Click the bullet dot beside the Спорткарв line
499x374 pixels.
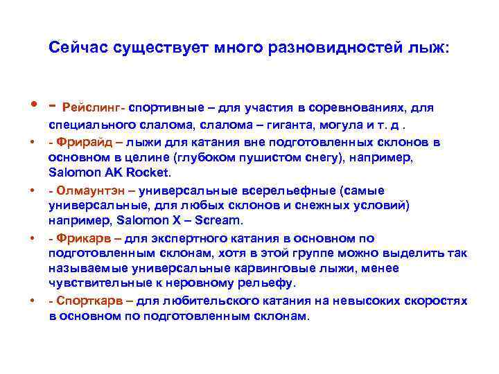(33, 301)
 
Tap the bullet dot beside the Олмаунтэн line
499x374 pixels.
(33, 190)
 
